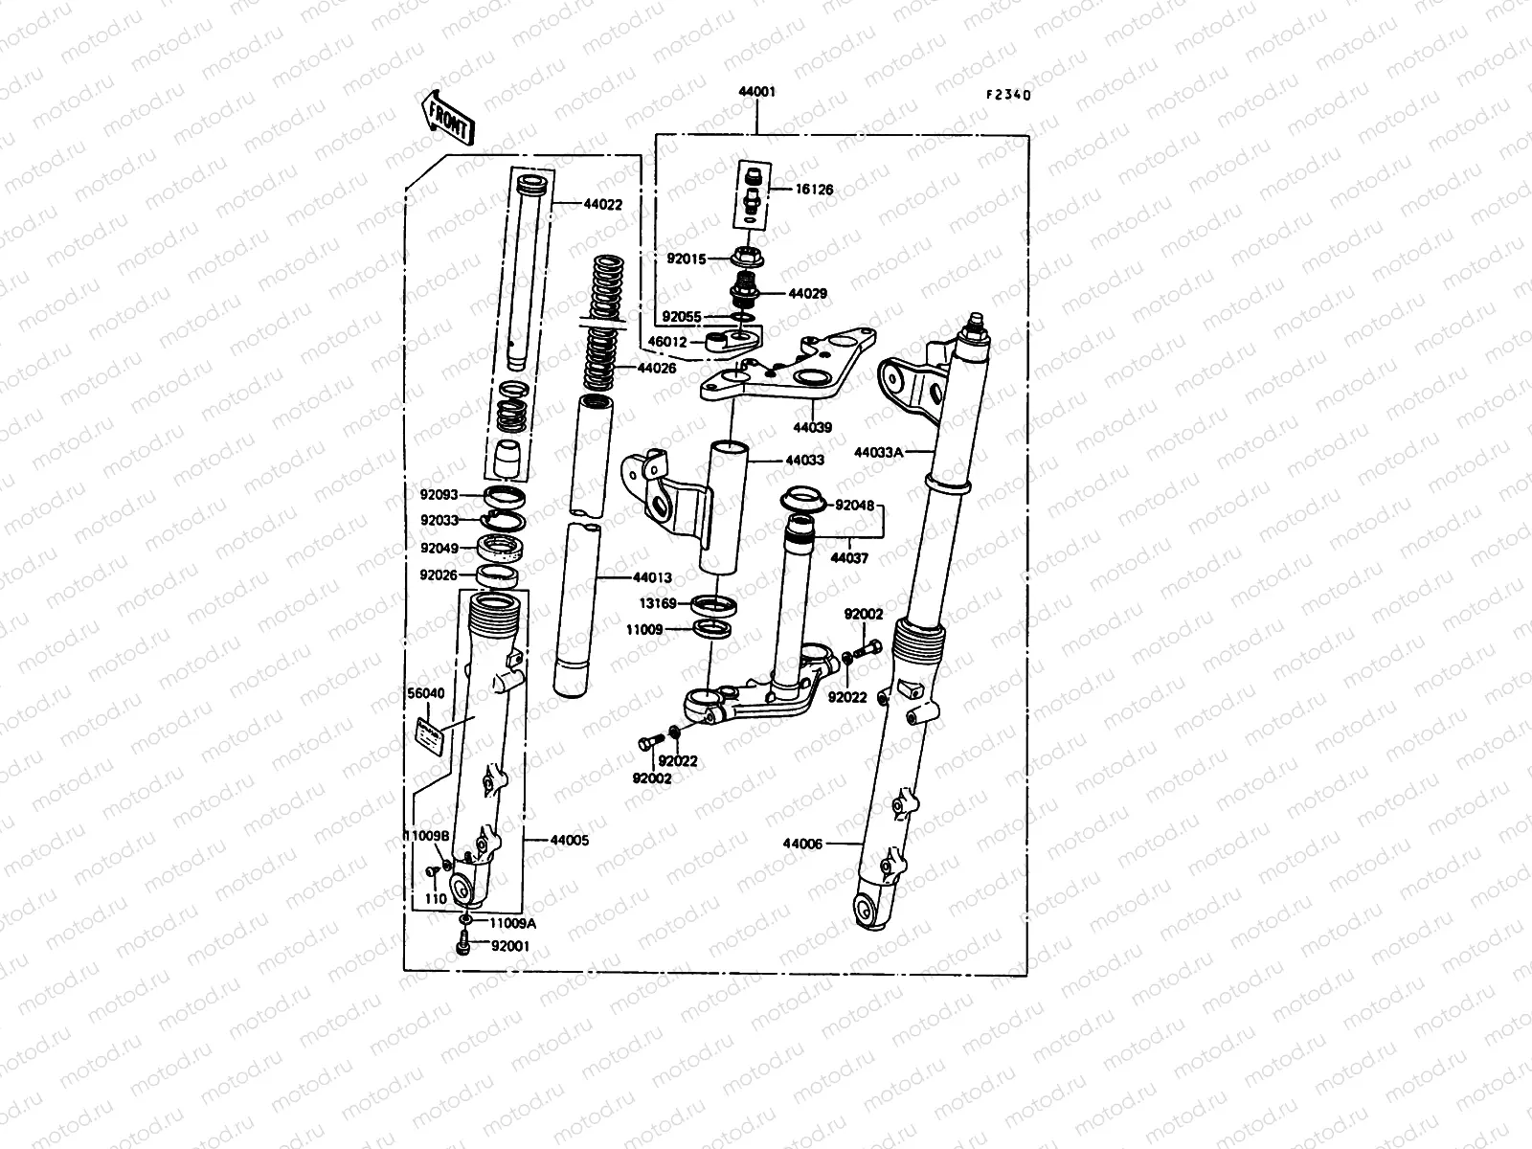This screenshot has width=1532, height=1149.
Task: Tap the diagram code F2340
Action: [x=1009, y=95]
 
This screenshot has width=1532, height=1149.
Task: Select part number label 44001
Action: [x=756, y=92]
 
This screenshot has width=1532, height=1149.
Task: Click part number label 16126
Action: [x=814, y=190]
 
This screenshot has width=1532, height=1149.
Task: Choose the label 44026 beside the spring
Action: [x=657, y=368]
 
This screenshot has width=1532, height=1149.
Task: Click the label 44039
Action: [x=813, y=427]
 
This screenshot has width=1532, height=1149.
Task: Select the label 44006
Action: [x=803, y=844]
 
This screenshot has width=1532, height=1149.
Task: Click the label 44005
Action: [x=570, y=840]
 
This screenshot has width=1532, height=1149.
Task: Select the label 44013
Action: [x=652, y=578]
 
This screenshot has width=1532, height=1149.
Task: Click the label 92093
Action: [x=439, y=495]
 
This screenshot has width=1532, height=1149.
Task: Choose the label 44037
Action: [x=848, y=558]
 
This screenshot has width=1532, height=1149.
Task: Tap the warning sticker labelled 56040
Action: [x=428, y=735]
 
